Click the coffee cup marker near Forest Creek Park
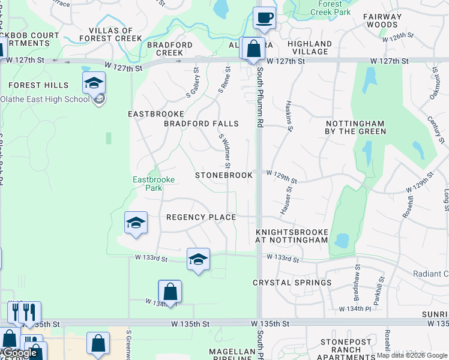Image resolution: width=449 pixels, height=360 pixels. [x=264, y=17]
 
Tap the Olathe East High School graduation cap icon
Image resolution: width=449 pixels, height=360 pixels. [x=94, y=83]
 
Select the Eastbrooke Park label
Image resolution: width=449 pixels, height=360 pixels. [x=148, y=183]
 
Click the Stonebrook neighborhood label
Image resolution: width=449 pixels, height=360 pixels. [x=224, y=175]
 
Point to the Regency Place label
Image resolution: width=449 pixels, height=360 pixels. [x=201, y=217]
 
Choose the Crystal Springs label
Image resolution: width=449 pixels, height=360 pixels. [x=292, y=282]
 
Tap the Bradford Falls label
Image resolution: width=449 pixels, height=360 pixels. [x=201, y=124]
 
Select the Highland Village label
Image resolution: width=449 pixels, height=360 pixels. [x=310, y=47]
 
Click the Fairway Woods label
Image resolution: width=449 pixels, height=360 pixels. [x=381, y=20]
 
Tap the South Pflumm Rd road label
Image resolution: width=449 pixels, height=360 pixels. [x=260, y=96]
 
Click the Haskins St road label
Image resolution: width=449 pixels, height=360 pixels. [x=290, y=115]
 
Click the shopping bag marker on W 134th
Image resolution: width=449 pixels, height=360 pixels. [x=170, y=292]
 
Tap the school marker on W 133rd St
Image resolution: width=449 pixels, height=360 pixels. [x=198, y=259]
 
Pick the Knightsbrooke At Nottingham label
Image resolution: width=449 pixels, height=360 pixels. [x=292, y=236]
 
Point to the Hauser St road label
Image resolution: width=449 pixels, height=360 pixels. [x=286, y=200]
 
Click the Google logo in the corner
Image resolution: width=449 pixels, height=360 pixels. [x=20, y=353]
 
